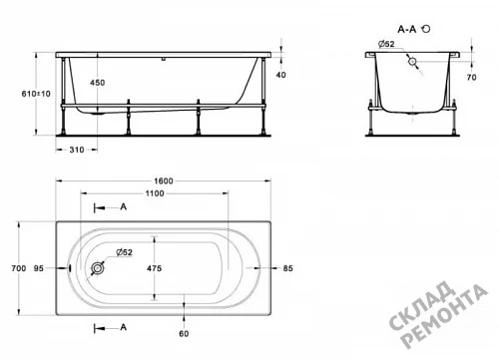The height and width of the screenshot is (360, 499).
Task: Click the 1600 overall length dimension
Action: point(164,180)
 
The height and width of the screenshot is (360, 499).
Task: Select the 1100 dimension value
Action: point(155,193)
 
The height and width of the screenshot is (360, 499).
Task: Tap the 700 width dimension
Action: point(19,268)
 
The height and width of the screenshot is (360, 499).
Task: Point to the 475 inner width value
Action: point(154,268)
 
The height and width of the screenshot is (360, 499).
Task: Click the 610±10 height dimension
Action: point(36,94)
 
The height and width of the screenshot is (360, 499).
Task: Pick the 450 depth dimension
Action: point(98,83)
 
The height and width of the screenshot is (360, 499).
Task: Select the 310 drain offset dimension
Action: point(77,150)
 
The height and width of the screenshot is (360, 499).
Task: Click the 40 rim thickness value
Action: point(281,75)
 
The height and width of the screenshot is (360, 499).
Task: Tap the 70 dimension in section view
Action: point(472,77)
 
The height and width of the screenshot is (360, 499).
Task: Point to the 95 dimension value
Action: point(39,268)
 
